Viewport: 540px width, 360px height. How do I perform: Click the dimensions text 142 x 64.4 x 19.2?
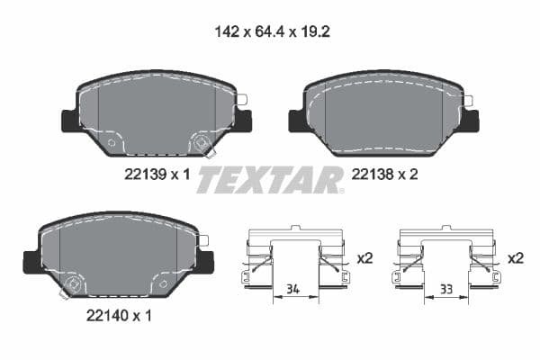pyautogui.click(x=269, y=31)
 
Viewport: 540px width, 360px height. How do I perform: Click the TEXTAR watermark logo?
pyautogui.click(x=269, y=180)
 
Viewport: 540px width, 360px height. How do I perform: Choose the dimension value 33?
pyautogui.click(x=445, y=290)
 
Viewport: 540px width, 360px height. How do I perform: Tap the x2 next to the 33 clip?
pyautogui.click(x=515, y=258)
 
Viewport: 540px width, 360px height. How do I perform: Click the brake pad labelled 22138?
pyautogui.click(x=383, y=115)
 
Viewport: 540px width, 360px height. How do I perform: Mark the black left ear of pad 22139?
pyautogui.click(x=70, y=120)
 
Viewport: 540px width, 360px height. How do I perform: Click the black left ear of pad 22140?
pyautogui.click(x=31, y=262)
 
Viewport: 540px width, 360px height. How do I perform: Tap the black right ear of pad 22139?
pyautogui.click(x=243, y=120)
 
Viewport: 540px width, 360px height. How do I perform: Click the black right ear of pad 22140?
pyautogui.click(x=206, y=261)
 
